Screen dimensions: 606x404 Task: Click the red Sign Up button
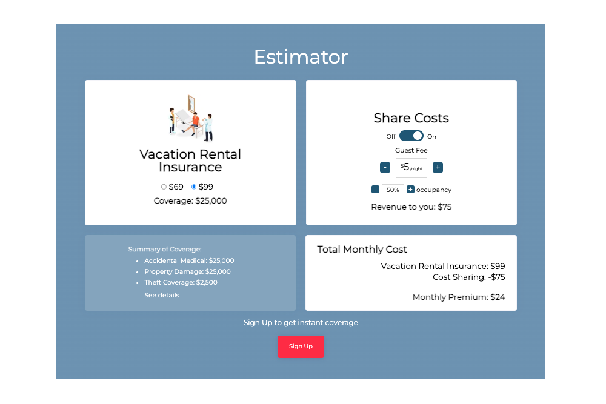[301, 346]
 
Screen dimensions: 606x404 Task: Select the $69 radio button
[164, 187]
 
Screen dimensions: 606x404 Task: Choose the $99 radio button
[194, 187]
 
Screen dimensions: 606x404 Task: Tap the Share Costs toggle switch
[411, 136]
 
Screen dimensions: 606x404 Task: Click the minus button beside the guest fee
[385, 167]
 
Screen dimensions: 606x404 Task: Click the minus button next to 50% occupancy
[375, 189]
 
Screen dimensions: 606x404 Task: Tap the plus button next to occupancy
[410, 189]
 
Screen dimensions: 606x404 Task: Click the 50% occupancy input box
[393, 190]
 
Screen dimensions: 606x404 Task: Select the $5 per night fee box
[411, 168]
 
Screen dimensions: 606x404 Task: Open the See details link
[162, 295]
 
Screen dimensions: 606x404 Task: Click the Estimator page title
[301, 57]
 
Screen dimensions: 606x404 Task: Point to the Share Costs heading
[411, 118]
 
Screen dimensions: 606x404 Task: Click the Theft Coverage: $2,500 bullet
[181, 282]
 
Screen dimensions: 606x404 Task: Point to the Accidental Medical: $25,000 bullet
[189, 260]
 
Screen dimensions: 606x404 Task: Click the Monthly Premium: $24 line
[459, 297]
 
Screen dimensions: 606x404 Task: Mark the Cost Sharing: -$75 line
[469, 277]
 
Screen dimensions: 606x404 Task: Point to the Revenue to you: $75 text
[411, 207]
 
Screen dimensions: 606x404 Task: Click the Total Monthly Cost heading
[362, 250]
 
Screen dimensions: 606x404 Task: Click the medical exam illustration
[191, 118]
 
